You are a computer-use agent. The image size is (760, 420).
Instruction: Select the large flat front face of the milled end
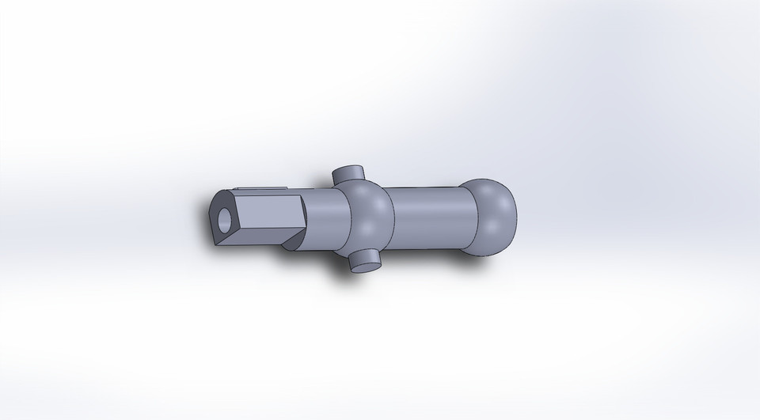269,211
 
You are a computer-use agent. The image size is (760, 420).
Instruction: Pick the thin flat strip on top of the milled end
261,189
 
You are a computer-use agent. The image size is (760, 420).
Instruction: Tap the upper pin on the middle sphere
347,173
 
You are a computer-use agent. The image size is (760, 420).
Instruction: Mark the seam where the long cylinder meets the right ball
477,218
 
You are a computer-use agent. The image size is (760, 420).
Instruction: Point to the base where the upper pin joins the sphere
348,182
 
